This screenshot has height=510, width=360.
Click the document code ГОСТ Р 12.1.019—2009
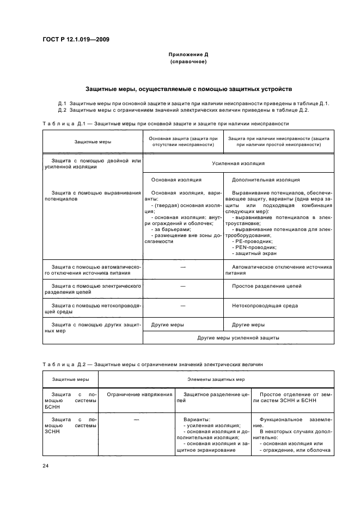75,40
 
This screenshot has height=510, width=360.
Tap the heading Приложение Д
188,55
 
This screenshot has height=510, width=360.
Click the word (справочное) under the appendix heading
188,62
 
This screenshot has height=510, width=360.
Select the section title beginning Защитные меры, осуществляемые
188,88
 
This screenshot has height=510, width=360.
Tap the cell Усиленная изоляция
239,163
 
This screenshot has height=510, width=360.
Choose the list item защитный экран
254,253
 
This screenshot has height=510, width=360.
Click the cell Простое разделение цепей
267,286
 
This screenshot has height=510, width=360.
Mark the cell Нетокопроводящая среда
265,306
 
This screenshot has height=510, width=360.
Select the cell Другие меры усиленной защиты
239,338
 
